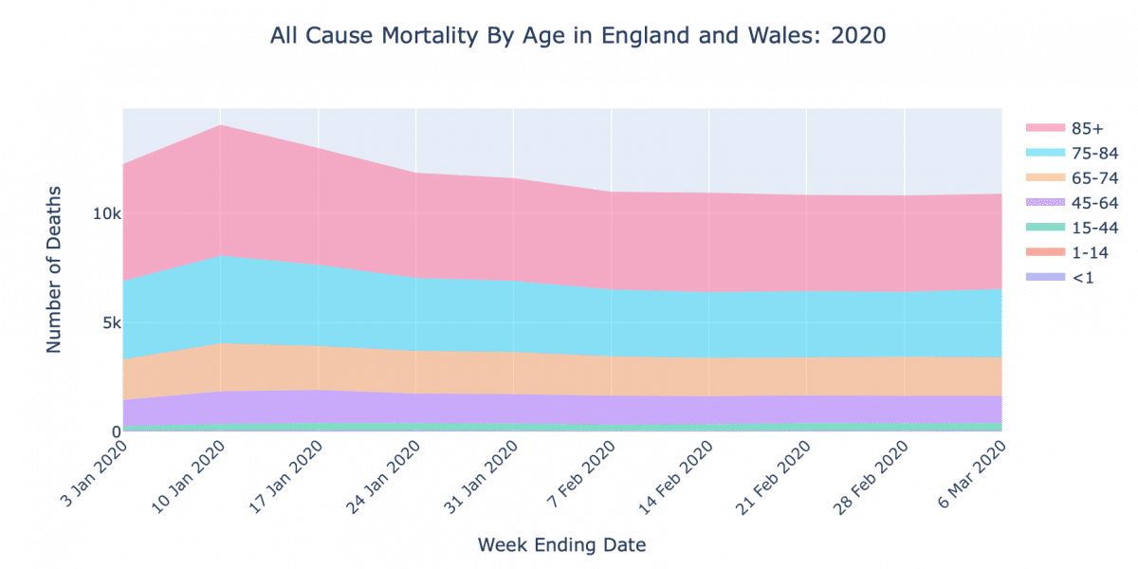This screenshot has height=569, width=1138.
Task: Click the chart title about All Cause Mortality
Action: point(578,36)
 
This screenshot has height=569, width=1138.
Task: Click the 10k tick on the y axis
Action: point(105,214)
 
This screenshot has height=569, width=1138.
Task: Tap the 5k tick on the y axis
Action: point(109,323)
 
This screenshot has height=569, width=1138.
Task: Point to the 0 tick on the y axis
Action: point(115,432)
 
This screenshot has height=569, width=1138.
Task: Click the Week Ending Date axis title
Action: point(562,545)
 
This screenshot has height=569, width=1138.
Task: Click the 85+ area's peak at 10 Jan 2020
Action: point(221,125)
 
